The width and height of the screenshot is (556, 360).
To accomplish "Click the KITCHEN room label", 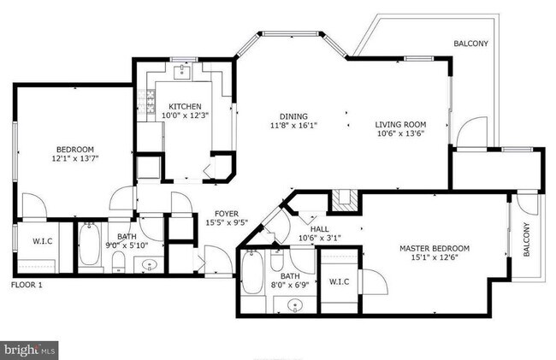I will [x=184, y=107].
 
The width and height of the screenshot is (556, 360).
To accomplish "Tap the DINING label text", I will [x=293, y=117].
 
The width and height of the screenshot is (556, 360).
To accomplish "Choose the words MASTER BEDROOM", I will [x=434, y=250].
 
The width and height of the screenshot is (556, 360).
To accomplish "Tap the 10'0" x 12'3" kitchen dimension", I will [x=184, y=116].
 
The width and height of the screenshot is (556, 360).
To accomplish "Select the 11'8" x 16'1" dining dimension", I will [x=293, y=127].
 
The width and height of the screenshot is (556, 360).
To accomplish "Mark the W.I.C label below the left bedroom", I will [x=43, y=240].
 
